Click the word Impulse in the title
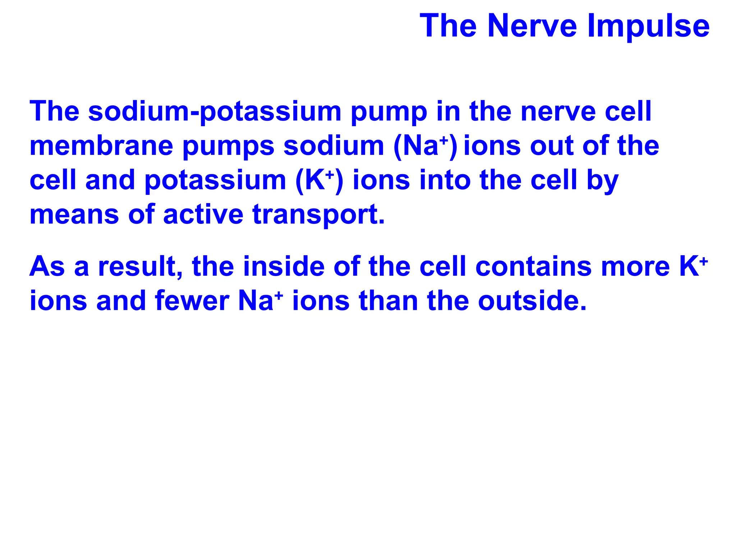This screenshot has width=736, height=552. (x=648, y=26)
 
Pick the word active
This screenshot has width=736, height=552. (x=203, y=214)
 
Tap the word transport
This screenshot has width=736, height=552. (x=318, y=215)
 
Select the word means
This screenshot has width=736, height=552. (x=74, y=215)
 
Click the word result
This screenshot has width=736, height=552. (x=140, y=267)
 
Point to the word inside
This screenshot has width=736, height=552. (x=284, y=267)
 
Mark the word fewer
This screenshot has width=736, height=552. (x=192, y=301)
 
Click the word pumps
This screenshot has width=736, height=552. (x=229, y=146)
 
